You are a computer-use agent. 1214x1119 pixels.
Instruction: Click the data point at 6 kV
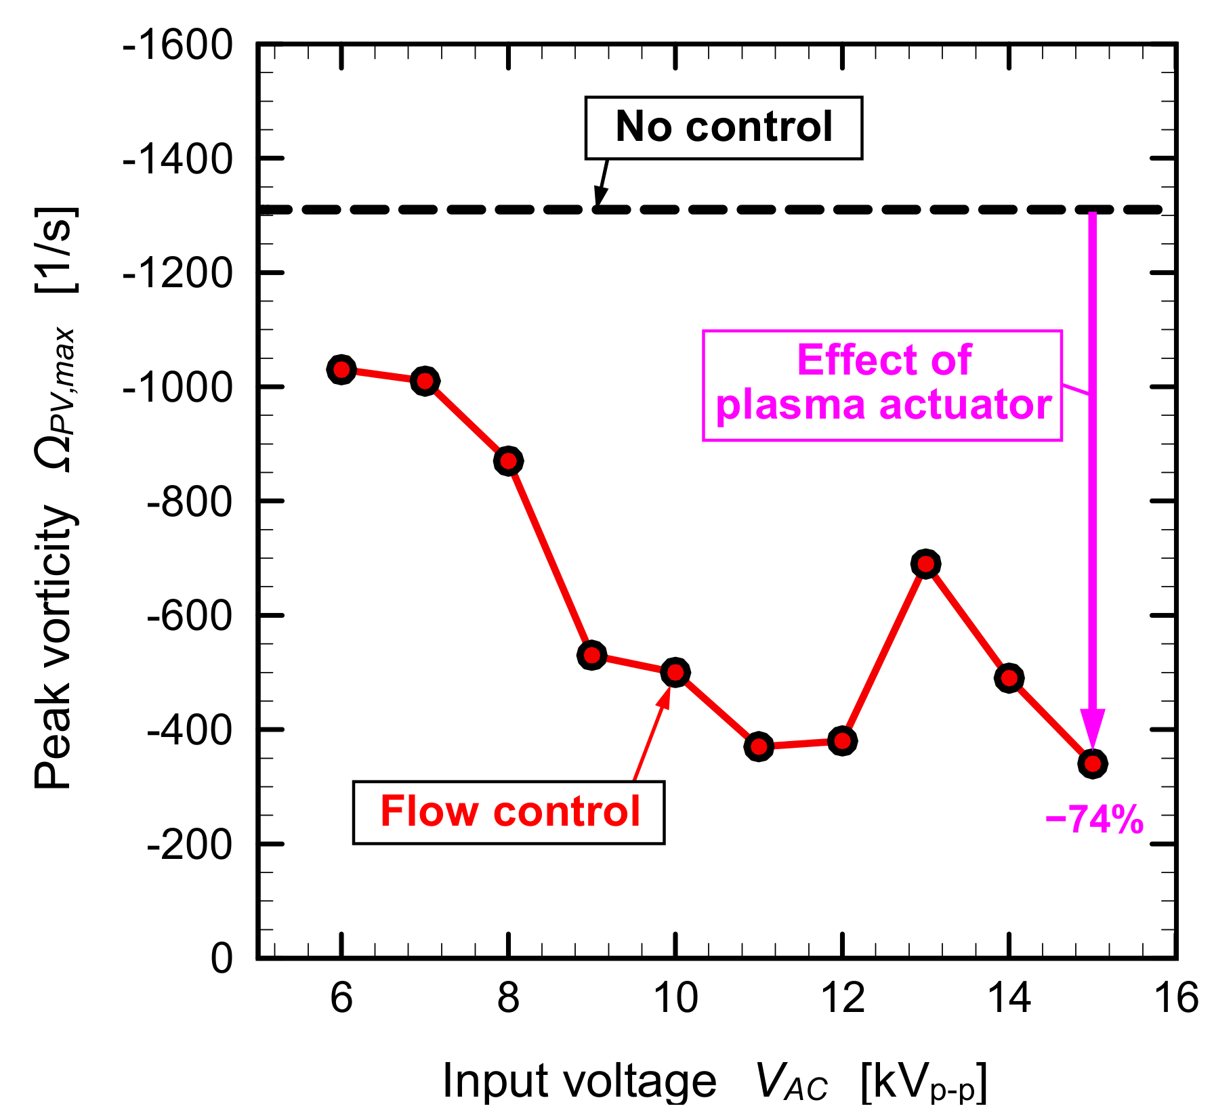pos(341,370)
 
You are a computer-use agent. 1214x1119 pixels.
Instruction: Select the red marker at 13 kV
pos(925,564)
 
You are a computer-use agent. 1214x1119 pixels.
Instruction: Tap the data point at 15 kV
pos(1092,763)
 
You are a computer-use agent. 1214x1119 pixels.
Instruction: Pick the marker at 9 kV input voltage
pos(591,655)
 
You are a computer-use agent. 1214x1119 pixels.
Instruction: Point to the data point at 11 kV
pos(759,746)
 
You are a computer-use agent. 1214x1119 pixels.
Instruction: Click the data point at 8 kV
pos(508,461)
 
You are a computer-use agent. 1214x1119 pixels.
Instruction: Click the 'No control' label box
pos(724,128)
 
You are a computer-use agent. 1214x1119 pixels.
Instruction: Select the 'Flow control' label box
pos(509,812)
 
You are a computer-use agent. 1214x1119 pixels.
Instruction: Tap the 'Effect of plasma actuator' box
pos(882,385)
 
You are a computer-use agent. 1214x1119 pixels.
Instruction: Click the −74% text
pos(1094,820)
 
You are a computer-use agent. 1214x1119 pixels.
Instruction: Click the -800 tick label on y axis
pos(189,503)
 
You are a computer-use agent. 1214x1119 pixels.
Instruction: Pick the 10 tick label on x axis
pos(675,998)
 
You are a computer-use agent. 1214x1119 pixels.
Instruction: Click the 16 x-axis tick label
pos(1176,998)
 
